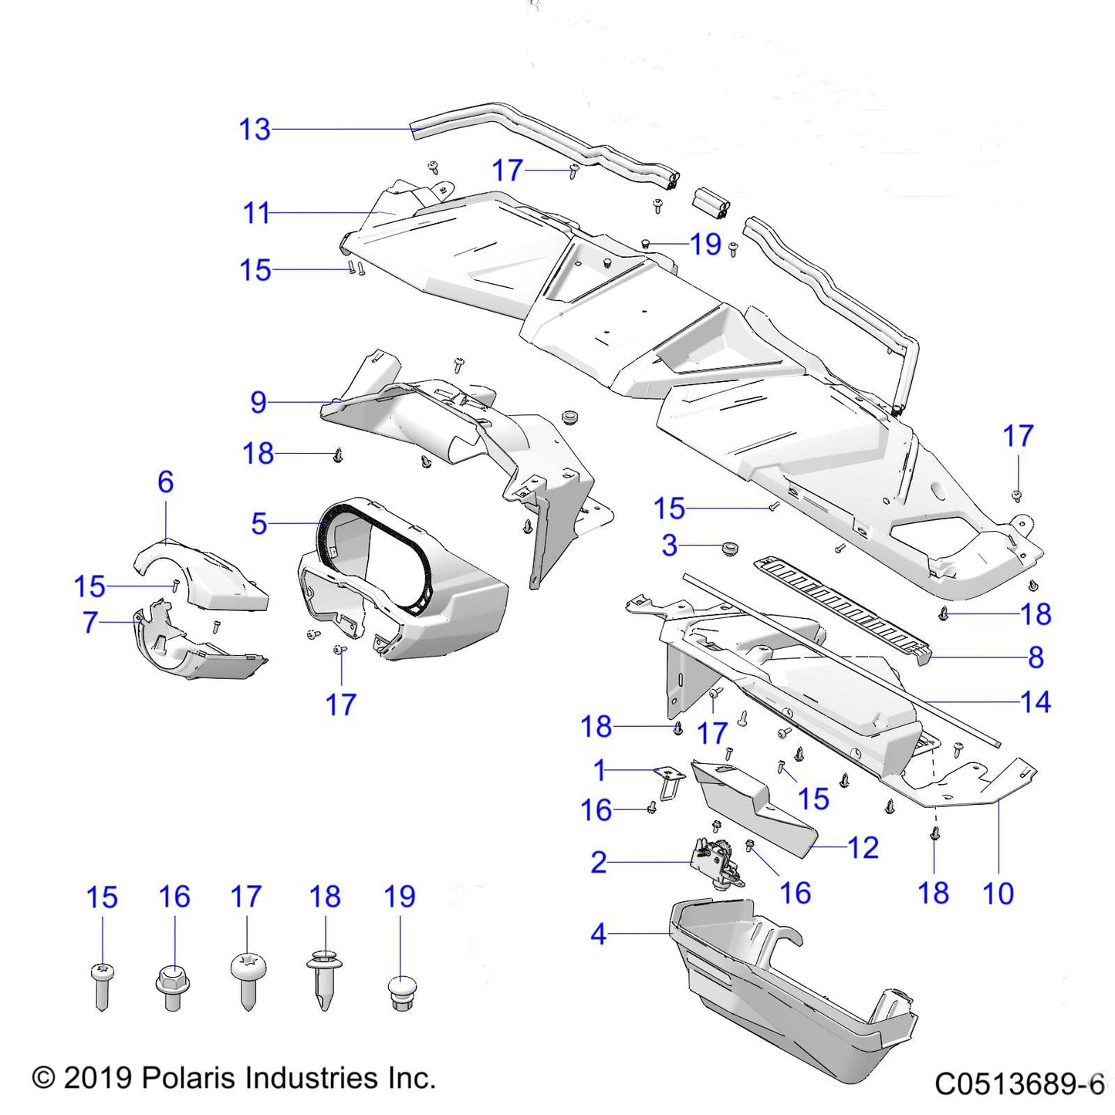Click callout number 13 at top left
tap(255, 130)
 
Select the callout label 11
tap(256, 213)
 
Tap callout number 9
tap(258, 402)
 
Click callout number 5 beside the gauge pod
tap(259, 524)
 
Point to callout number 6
tap(165, 482)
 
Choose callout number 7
tap(90, 622)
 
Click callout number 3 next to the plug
tap(670, 546)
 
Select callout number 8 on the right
tap(1036, 657)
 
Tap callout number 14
tap(1036, 702)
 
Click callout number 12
tap(863, 848)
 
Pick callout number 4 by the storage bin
tap(599, 934)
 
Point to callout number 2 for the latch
tap(599, 863)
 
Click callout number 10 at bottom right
tap(998, 894)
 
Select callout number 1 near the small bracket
tap(600, 770)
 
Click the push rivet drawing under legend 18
tap(325, 980)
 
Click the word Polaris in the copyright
tap(186, 1078)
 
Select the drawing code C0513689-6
tap(1019, 1084)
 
